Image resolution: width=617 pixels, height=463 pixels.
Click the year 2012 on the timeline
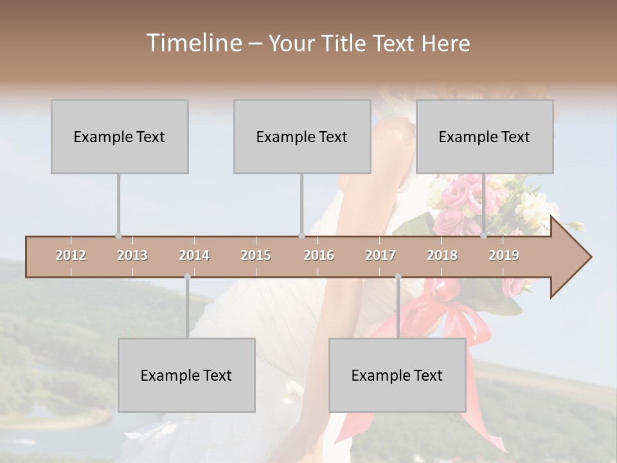click(x=71, y=255)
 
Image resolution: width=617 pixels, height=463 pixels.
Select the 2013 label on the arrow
click(x=132, y=255)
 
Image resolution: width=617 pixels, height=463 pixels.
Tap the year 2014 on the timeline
click(x=194, y=255)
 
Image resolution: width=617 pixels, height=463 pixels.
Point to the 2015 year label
click(x=256, y=255)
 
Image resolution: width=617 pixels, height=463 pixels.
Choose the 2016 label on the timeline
click(x=319, y=255)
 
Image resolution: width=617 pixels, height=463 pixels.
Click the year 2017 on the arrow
click(x=380, y=255)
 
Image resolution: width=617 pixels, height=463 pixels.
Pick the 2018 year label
click(x=442, y=255)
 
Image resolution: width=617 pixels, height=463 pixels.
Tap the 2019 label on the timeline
click(x=504, y=255)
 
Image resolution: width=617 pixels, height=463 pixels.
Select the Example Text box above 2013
click(x=120, y=136)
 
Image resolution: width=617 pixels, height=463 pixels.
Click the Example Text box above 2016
click(x=302, y=136)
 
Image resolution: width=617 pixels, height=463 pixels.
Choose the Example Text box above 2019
click(x=485, y=136)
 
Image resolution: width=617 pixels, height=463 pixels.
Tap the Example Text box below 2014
click(x=186, y=375)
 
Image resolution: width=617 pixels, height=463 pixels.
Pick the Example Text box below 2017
click(x=397, y=375)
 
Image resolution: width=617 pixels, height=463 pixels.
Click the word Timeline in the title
click(x=193, y=43)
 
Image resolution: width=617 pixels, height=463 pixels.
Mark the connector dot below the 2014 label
click(x=187, y=277)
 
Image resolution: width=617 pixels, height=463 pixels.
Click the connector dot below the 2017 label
click(x=398, y=277)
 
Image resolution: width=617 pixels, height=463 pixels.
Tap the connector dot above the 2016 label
click(x=301, y=235)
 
